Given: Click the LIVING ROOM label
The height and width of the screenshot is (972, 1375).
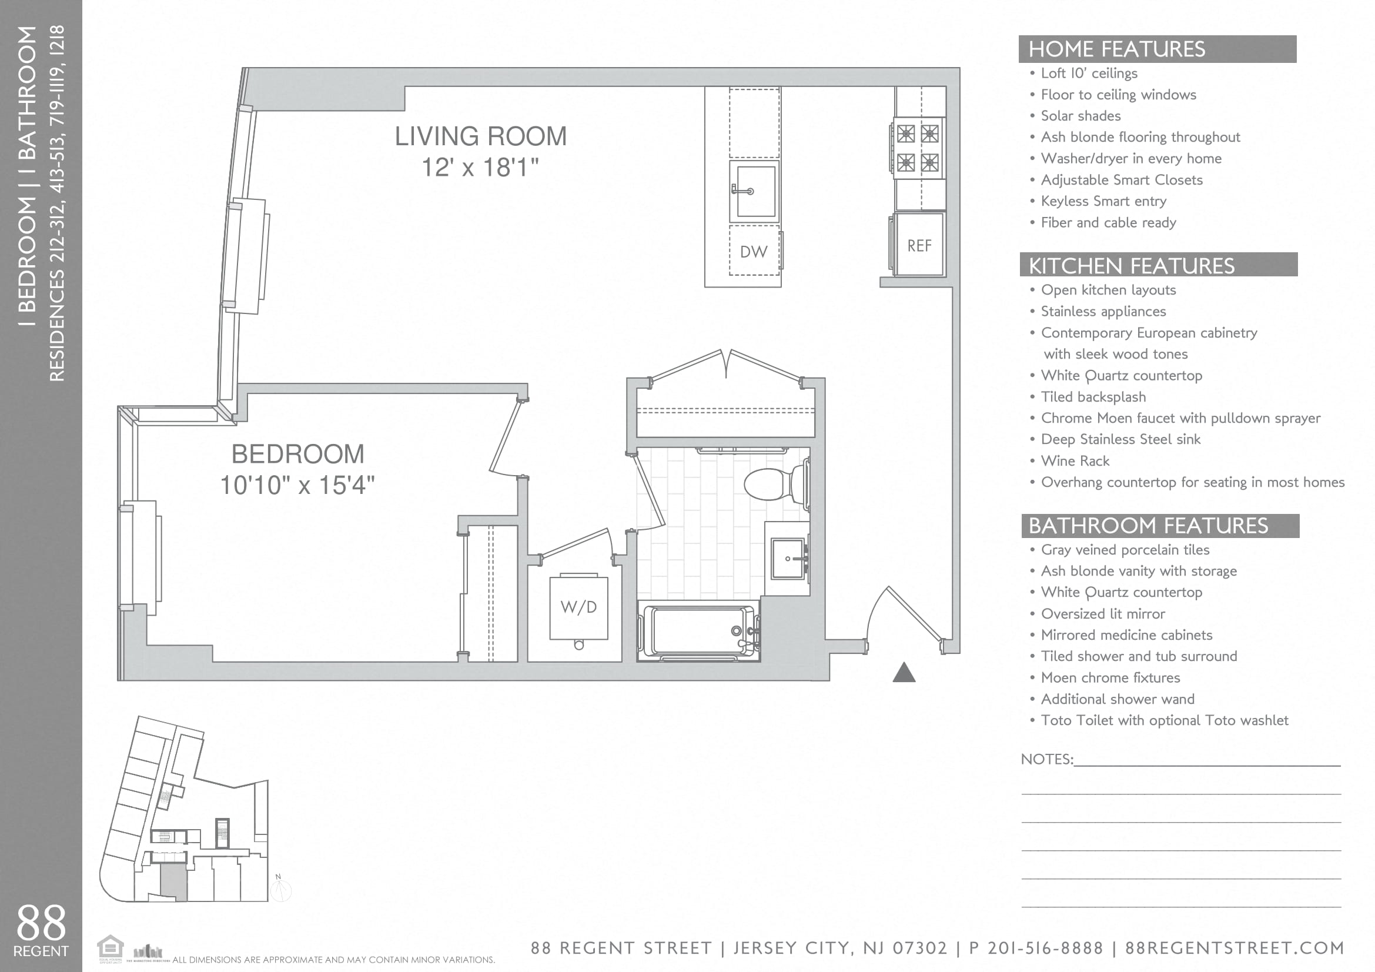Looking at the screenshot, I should click(480, 136).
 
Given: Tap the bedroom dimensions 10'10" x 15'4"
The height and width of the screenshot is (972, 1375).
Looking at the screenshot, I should click(297, 485).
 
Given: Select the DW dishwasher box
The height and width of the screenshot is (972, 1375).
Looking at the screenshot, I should click(754, 251).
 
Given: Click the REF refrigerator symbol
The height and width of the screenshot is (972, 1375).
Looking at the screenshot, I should click(919, 245).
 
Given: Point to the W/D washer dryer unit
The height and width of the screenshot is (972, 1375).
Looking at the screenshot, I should click(578, 607).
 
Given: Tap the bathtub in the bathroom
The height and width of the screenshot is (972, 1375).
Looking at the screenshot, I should click(698, 630).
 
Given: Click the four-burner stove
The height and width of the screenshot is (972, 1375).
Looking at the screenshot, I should click(918, 148).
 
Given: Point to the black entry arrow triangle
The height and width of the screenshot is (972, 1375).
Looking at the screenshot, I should click(904, 673).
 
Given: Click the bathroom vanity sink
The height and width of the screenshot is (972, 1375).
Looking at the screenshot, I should click(787, 559).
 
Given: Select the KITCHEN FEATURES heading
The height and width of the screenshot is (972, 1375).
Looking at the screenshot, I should click(1131, 265).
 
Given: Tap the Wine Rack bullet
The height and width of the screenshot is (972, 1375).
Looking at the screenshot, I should click(1075, 460).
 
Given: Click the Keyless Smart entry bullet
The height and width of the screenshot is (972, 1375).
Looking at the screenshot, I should click(1103, 201).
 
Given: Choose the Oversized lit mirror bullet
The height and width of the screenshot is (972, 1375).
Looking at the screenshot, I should click(1102, 613).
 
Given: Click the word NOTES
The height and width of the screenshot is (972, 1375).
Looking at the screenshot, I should click(1046, 759).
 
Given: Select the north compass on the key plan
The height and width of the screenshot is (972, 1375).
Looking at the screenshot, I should click(280, 889).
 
